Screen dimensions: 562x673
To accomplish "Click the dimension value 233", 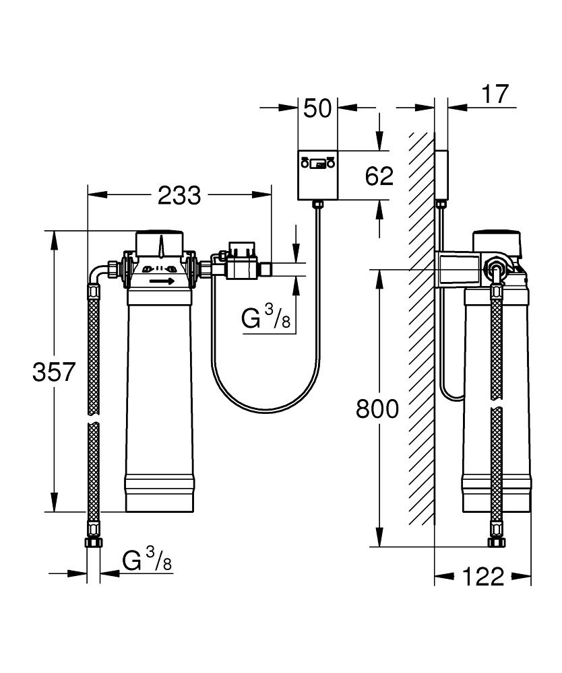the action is point(179,196).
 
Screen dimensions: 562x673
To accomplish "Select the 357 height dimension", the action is point(54,371).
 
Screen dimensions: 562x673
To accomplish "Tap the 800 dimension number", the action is point(377,409).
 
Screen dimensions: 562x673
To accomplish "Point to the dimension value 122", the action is point(483,577).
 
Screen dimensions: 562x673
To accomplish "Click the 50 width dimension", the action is point(317,108).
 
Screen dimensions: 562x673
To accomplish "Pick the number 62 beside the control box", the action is point(379,176).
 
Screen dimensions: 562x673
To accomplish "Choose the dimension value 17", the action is point(495,94).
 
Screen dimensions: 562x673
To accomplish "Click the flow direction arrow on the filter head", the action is point(162,281).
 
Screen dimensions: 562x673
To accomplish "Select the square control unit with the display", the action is point(318,175).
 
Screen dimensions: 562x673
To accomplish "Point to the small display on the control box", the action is point(318,164).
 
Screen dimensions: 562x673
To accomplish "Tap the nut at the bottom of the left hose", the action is point(93,542).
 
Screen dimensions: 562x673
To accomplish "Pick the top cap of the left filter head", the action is point(160,244).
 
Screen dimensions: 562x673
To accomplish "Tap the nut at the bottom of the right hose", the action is point(496,542).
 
